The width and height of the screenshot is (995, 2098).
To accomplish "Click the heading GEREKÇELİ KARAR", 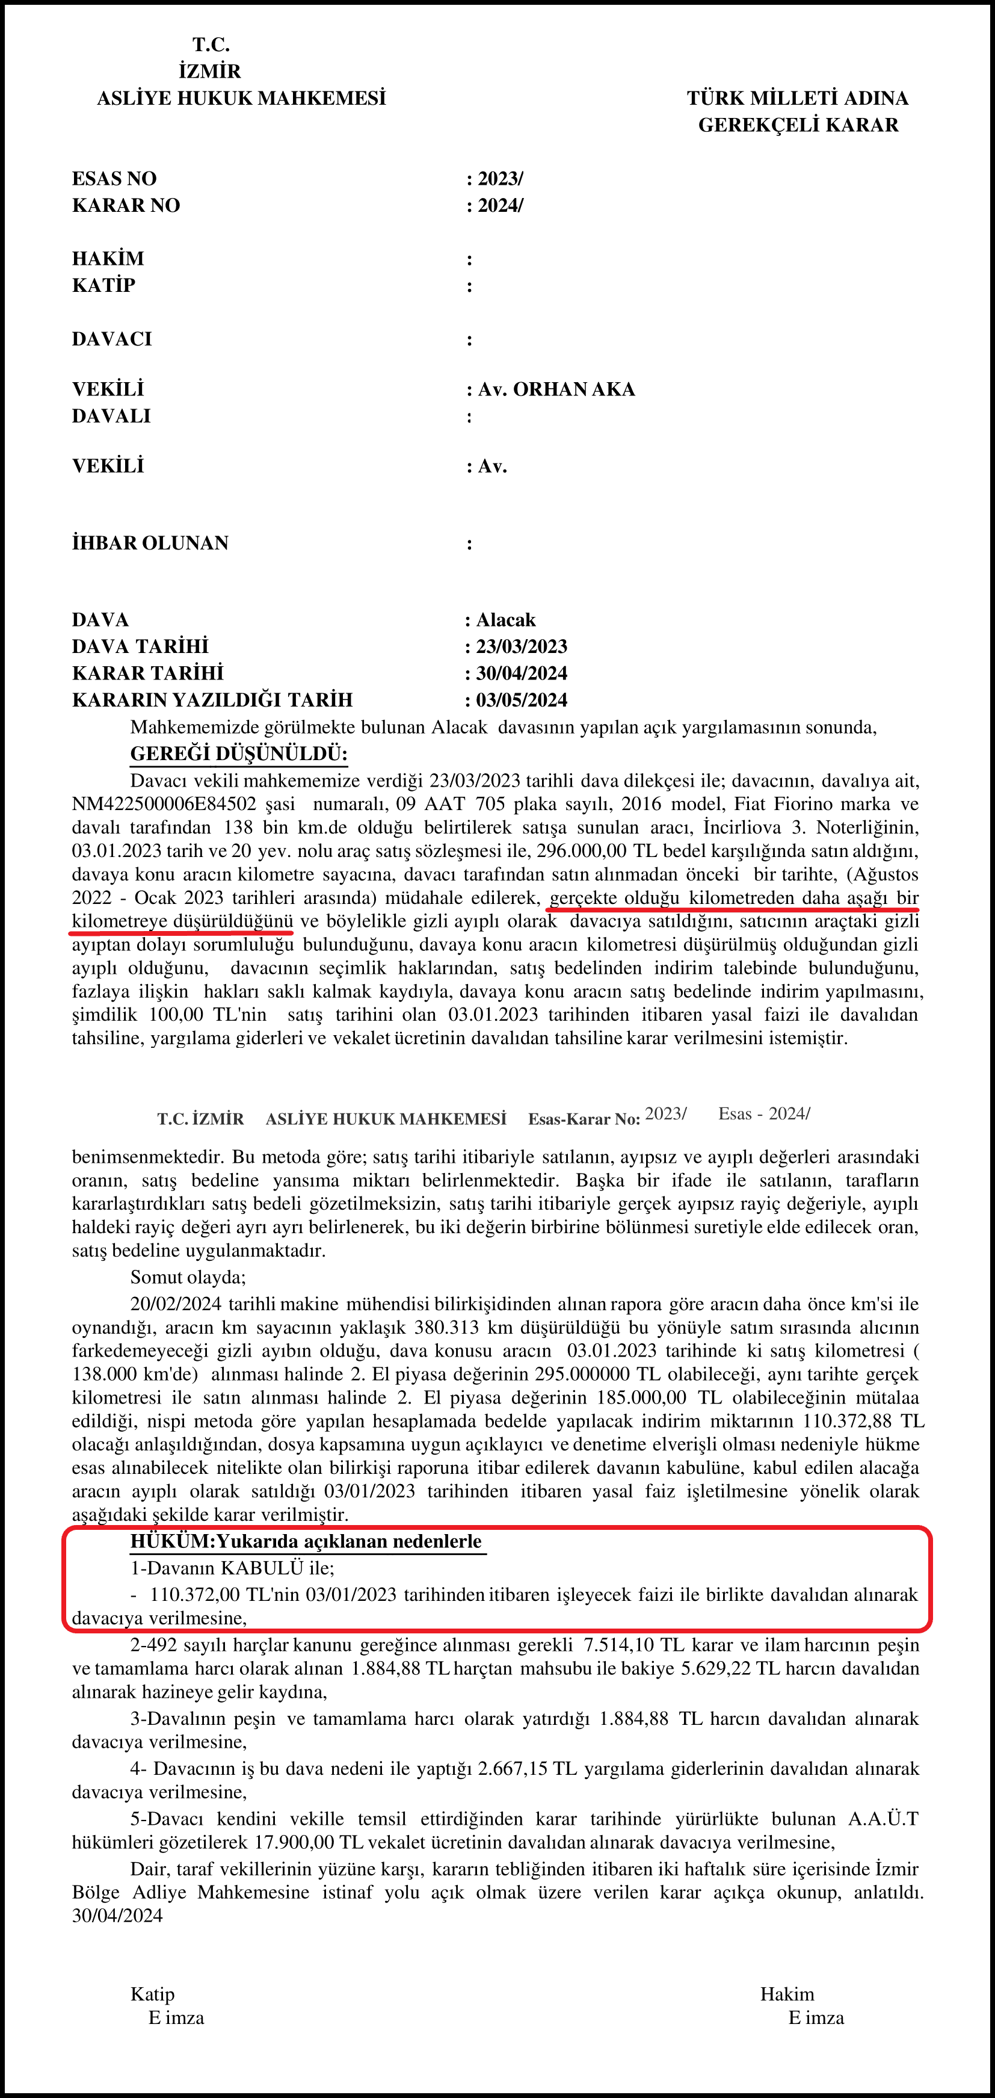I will pyautogui.click(x=798, y=125).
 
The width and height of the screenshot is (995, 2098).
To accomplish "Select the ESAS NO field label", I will pyautogui.click(x=114, y=178).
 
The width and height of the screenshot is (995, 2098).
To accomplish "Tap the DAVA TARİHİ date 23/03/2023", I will pyautogui.click(x=521, y=646).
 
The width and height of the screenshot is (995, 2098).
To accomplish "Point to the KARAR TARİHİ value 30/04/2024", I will pyautogui.click(x=521, y=673).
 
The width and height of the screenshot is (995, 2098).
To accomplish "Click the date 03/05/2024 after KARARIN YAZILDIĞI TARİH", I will pyautogui.click(x=521, y=699).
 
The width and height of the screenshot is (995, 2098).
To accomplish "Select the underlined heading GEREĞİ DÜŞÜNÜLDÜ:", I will pyautogui.click(x=239, y=753).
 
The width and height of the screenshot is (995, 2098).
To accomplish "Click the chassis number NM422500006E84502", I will pyautogui.click(x=164, y=804).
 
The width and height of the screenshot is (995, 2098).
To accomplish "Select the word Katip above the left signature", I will pyautogui.click(x=152, y=1994).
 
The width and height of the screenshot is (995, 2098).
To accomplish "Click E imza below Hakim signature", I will pyautogui.click(x=816, y=2017).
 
